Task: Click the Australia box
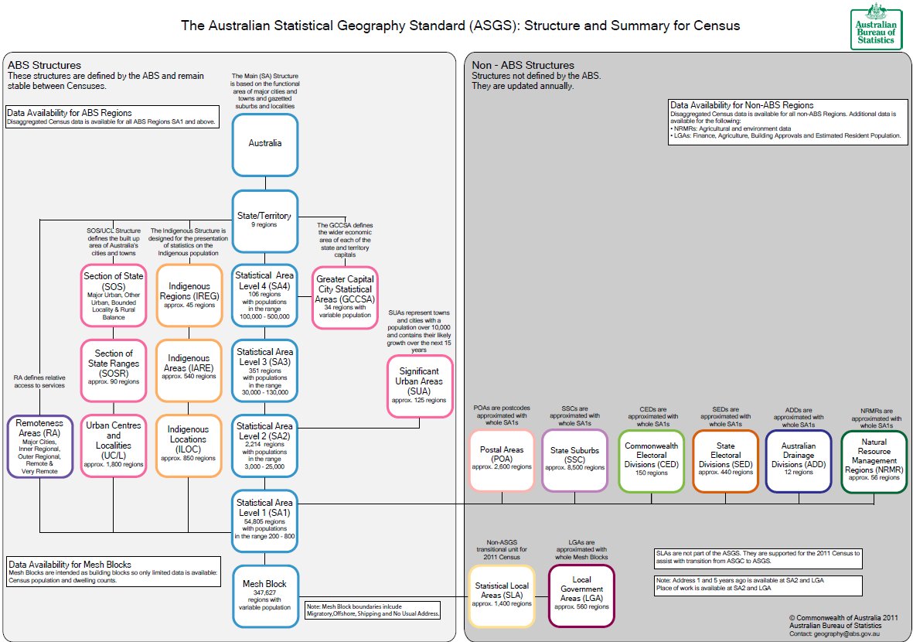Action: click(x=265, y=143)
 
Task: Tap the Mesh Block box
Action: click(x=265, y=594)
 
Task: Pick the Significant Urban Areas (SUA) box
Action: click(x=419, y=386)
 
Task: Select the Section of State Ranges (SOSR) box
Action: click(x=113, y=370)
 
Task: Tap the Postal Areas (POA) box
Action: click(x=502, y=460)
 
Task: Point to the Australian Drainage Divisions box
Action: click(x=799, y=460)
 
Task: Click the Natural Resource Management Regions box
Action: click(x=874, y=460)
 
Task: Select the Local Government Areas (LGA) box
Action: click(x=581, y=595)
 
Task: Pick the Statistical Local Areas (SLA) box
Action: click(x=502, y=595)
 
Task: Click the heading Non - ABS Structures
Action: click(x=523, y=66)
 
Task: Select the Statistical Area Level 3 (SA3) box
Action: click(x=265, y=370)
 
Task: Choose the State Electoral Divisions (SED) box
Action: click(x=725, y=460)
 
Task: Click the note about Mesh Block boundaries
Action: click(x=373, y=610)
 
